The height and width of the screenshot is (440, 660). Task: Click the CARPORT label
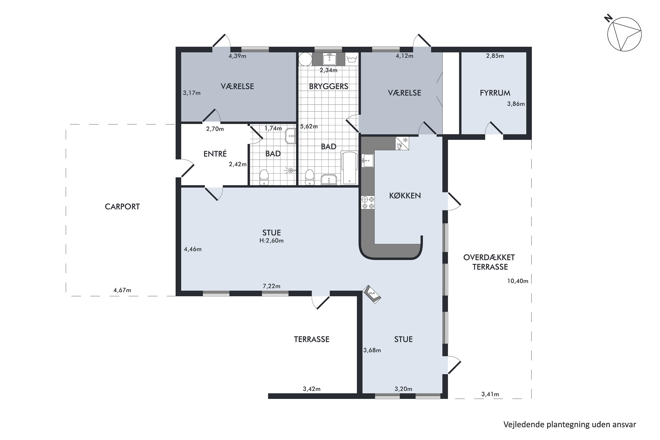point(122,207)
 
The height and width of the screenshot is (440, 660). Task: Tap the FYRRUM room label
point(495,93)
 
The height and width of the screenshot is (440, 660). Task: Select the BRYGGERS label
point(329,86)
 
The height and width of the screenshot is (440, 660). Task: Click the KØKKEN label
point(405,196)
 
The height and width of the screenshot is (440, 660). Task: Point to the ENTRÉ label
point(215,154)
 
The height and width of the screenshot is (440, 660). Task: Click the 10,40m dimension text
point(518,281)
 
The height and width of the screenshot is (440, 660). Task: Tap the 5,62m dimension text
point(309,126)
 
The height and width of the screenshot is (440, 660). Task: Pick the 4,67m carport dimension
point(122,290)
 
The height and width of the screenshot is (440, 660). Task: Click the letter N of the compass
point(608,19)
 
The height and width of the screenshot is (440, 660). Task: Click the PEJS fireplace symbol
point(372,294)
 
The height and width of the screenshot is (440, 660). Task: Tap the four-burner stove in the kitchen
point(368,203)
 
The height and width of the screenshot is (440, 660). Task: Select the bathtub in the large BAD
point(349,168)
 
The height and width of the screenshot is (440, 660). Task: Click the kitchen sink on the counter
point(368,161)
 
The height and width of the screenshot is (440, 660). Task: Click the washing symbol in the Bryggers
point(352,59)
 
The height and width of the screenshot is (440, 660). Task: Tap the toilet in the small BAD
point(264,177)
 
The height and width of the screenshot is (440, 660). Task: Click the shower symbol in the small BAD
point(291,170)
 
